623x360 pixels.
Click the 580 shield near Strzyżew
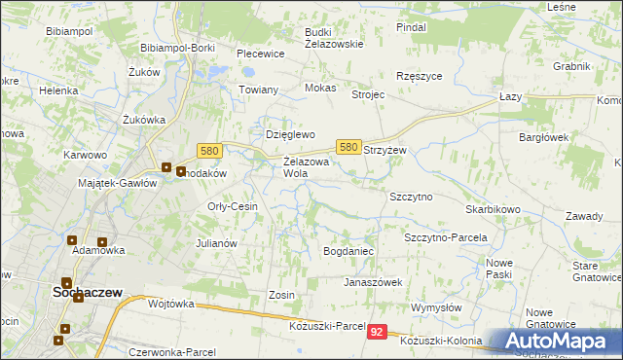[348, 146]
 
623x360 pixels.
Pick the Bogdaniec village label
[348, 251]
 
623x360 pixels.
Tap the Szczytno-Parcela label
[445, 237]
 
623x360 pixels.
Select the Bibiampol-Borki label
[177, 47]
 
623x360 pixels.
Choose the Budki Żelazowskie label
[333, 37]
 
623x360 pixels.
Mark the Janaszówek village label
[372, 282]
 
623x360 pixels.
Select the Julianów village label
[217, 243]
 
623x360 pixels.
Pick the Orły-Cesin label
[233, 206]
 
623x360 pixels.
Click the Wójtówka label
[171, 304]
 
